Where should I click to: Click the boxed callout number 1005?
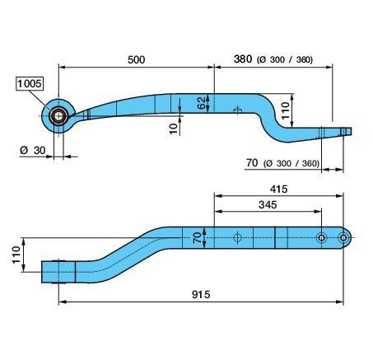click(30, 83)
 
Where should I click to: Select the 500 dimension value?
click(136, 59)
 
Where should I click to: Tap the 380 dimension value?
click(243, 58)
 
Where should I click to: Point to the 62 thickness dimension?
click(202, 103)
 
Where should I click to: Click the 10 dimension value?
click(174, 129)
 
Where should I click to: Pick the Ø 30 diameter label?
click(32, 150)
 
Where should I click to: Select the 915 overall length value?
click(201, 294)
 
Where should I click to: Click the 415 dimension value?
click(279, 189)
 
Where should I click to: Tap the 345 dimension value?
click(268, 204)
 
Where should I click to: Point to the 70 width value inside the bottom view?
click(198, 238)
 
